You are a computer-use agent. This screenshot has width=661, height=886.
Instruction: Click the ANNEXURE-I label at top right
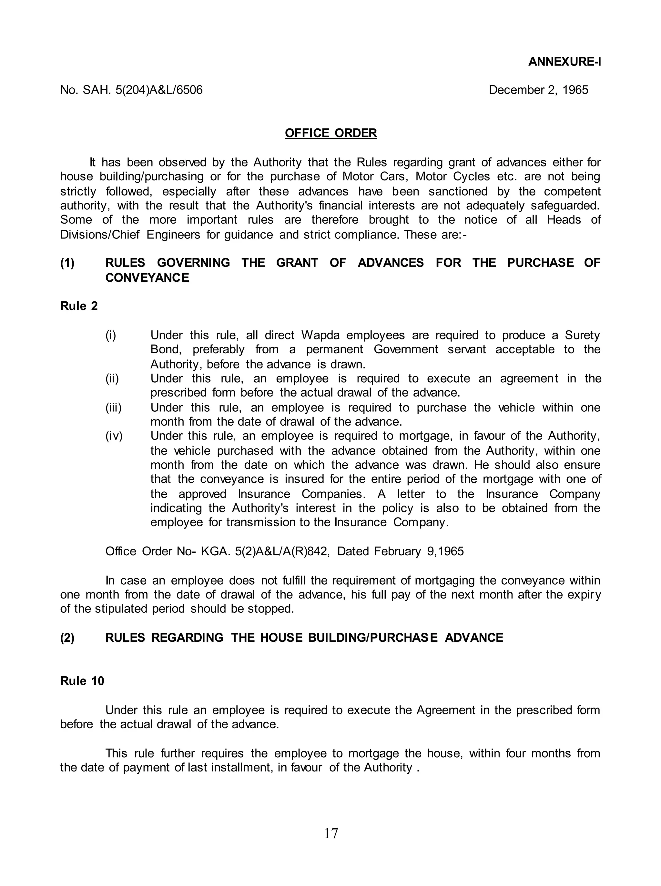point(564,62)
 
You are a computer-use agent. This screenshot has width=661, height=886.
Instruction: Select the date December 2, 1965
point(538,90)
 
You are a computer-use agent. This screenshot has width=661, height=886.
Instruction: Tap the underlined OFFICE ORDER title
point(330,133)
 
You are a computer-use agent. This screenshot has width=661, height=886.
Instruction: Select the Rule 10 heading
point(82,681)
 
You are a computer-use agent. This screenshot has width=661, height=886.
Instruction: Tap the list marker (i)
point(111,335)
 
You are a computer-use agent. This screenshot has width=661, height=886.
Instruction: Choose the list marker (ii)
point(112,378)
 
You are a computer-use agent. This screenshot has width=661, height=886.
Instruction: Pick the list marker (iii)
point(113,408)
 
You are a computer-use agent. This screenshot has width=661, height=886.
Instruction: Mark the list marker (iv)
point(114,436)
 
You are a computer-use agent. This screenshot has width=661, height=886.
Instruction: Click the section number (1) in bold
point(67,263)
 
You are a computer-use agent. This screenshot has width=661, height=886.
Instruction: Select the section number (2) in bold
point(67,638)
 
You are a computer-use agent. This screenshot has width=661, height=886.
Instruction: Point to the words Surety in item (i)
point(582,335)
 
